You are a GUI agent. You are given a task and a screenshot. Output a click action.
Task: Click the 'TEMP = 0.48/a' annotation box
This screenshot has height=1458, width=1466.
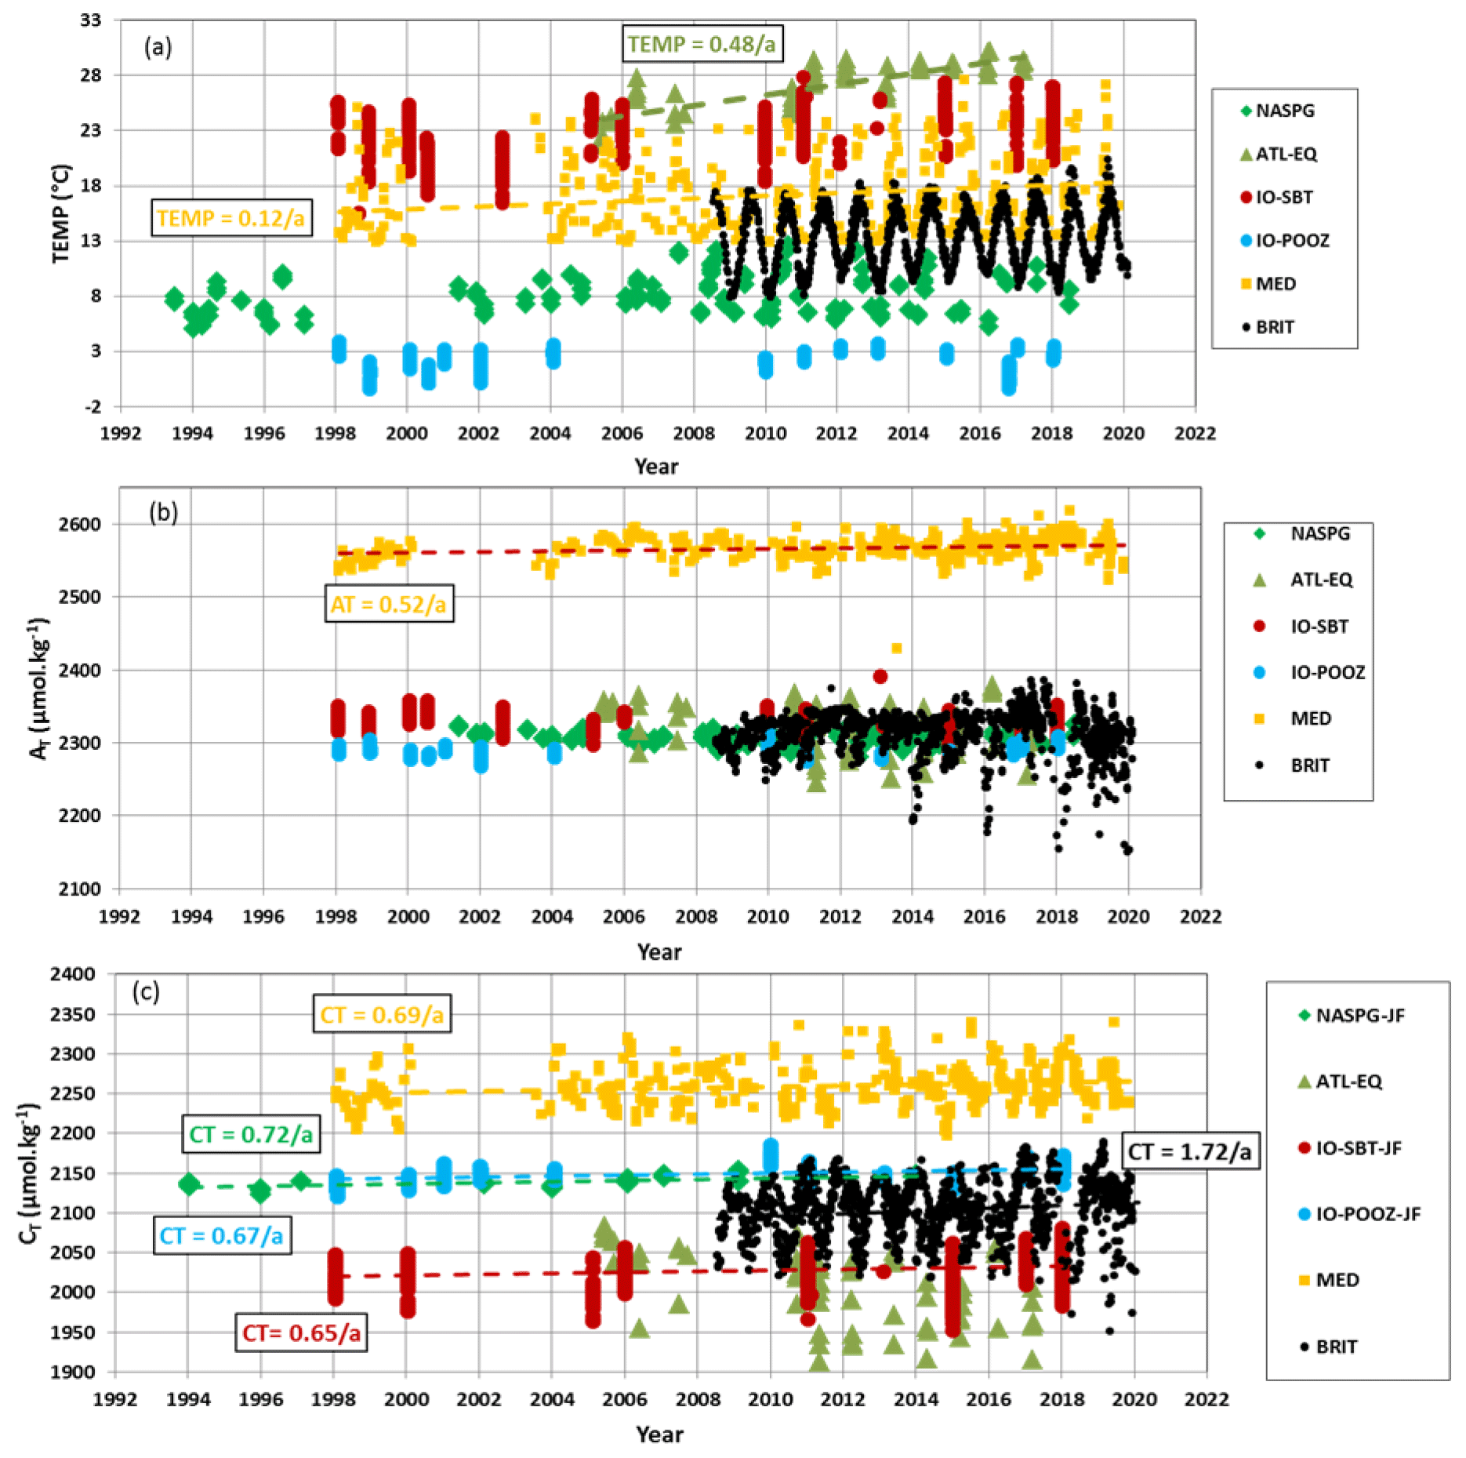(x=702, y=44)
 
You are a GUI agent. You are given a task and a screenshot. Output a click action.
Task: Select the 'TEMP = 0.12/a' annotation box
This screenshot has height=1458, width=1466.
(x=231, y=218)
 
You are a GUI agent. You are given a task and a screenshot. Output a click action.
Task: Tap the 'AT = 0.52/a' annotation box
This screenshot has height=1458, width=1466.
(x=389, y=604)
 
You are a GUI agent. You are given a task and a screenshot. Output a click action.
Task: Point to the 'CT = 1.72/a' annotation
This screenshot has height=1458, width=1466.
(x=1189, y=1151)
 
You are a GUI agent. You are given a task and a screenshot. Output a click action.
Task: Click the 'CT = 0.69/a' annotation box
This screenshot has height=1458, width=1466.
(x=382, y=1015)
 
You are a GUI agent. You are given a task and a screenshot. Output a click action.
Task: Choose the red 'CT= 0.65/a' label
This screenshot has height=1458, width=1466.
(x=302, y=1333)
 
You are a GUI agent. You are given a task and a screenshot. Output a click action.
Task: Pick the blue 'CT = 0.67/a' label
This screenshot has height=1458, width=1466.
(x=222, y=1236)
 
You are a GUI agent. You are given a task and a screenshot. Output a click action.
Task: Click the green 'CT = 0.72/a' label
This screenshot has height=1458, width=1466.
(x=251, y=1134)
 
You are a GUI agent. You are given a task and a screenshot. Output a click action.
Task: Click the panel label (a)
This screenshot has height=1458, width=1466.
(x=158, y=48)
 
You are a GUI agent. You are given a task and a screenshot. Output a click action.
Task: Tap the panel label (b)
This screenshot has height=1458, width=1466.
(x=163, y=513)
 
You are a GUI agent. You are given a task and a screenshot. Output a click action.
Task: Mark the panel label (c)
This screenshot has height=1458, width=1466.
(x=146, y=992)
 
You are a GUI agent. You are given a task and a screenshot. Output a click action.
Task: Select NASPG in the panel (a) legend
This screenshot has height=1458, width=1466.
(x=1284, y=111)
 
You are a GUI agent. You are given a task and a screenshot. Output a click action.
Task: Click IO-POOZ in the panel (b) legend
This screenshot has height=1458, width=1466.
(x=1327, y=672)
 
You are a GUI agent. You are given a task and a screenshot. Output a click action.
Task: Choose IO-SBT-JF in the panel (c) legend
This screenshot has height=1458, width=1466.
(x=1358, y=1148)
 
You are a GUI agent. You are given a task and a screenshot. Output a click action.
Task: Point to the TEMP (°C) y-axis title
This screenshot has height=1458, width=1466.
(x=61, y=213)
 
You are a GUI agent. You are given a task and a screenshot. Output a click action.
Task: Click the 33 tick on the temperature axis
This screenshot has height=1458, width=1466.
(x=91, y=20)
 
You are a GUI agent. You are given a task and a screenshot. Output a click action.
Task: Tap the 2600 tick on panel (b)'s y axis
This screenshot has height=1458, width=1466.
(x=79, y=524)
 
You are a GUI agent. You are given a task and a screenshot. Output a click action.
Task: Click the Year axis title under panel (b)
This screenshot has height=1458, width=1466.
(x=659, y=952)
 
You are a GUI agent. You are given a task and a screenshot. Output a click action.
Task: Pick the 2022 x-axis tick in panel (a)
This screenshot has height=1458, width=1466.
(x=1195, y=434)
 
